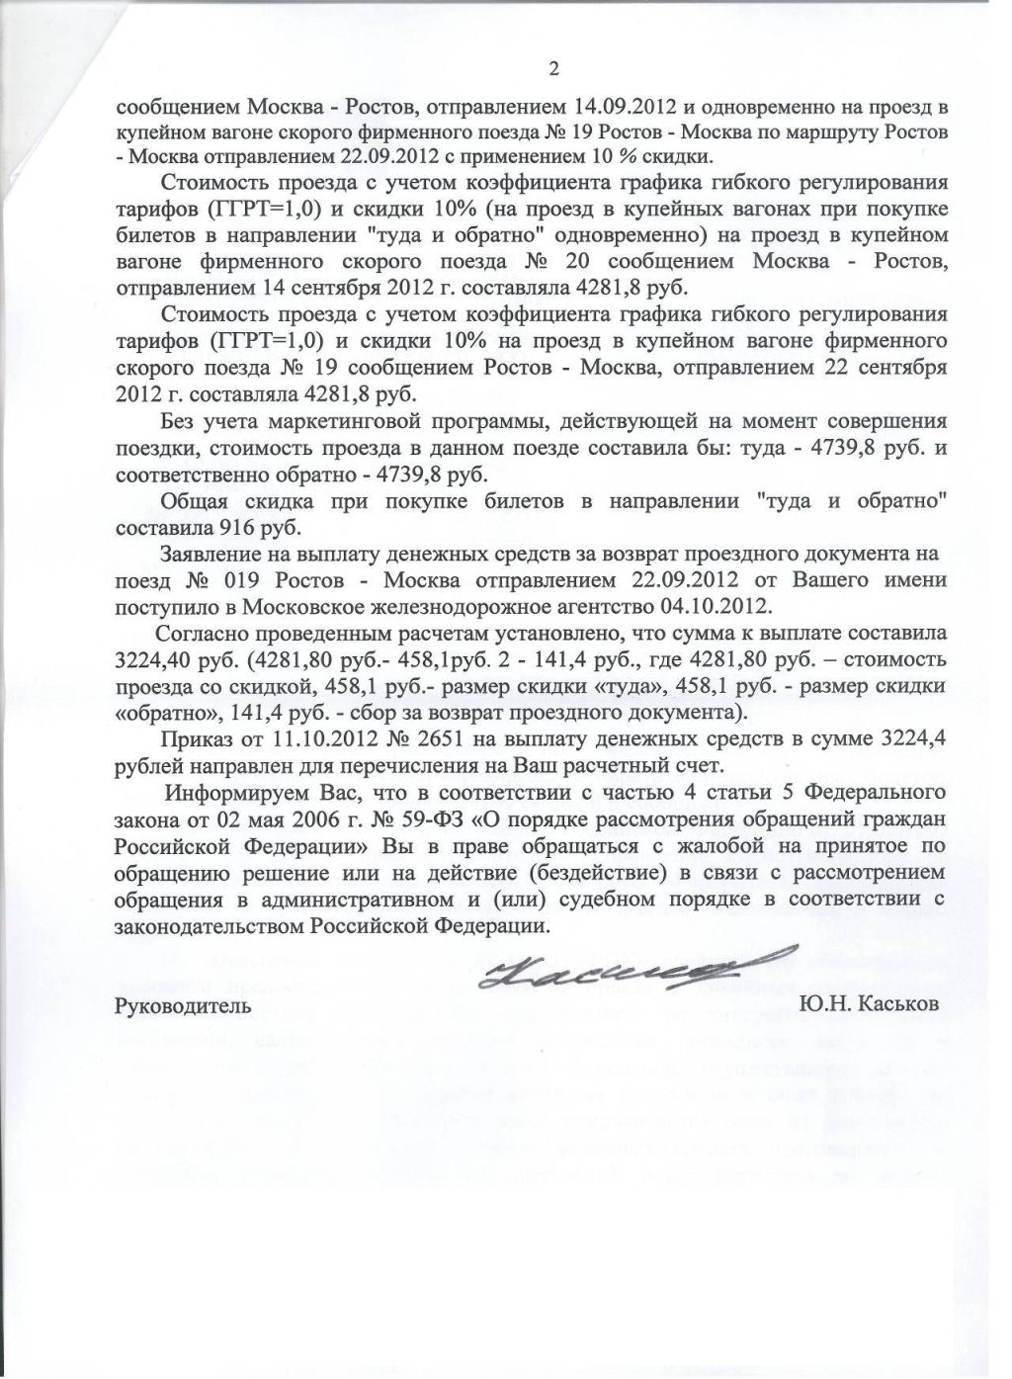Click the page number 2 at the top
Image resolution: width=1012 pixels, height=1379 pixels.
click(x=553, y=68)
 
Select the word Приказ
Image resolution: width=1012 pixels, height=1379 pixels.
click(x=191, y=738)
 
